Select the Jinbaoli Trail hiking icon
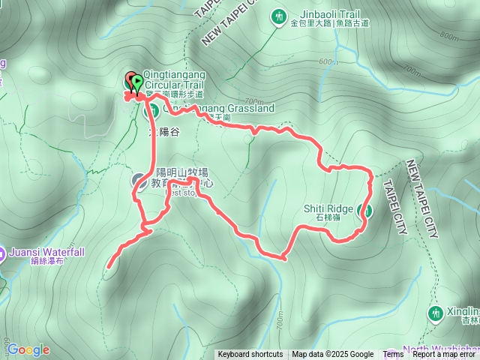coord(279,16)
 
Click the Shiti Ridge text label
coord(328,208)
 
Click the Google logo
coord(28,349)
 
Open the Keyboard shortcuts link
coord(250,355)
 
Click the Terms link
coord(393,355)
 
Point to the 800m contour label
coord(449,36)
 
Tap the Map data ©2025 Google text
coord(333,355)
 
